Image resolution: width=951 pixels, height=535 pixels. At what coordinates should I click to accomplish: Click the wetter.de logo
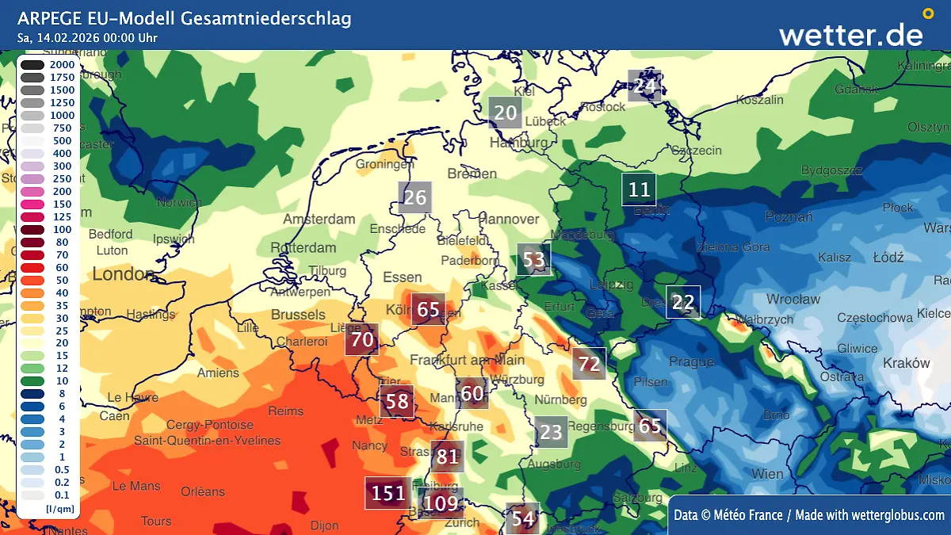(x=850, y=34)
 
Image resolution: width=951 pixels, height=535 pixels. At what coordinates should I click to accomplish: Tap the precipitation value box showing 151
(x=389, y=493)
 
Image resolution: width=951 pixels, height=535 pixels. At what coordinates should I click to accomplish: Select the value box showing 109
(x=441, y=503)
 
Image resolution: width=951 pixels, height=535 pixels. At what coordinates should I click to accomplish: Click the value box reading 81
(x=447, y=457)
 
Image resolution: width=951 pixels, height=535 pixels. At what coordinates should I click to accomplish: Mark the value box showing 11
(x=639, y=189)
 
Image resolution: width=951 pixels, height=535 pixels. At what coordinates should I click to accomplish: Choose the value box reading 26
(x=415, y=197)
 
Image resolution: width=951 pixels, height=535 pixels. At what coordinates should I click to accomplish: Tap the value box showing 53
(x=534, y=259)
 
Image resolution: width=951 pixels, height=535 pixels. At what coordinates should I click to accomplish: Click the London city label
(x=124, y=274)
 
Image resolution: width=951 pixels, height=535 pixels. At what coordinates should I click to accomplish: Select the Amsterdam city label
(x=319, y=219)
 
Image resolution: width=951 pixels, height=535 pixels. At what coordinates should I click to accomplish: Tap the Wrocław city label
(x=793, y=300)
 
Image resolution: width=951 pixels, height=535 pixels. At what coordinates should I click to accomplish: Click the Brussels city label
(x=298, y=315)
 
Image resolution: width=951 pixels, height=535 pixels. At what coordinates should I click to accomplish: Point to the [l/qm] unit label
(x=59, y=508)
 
